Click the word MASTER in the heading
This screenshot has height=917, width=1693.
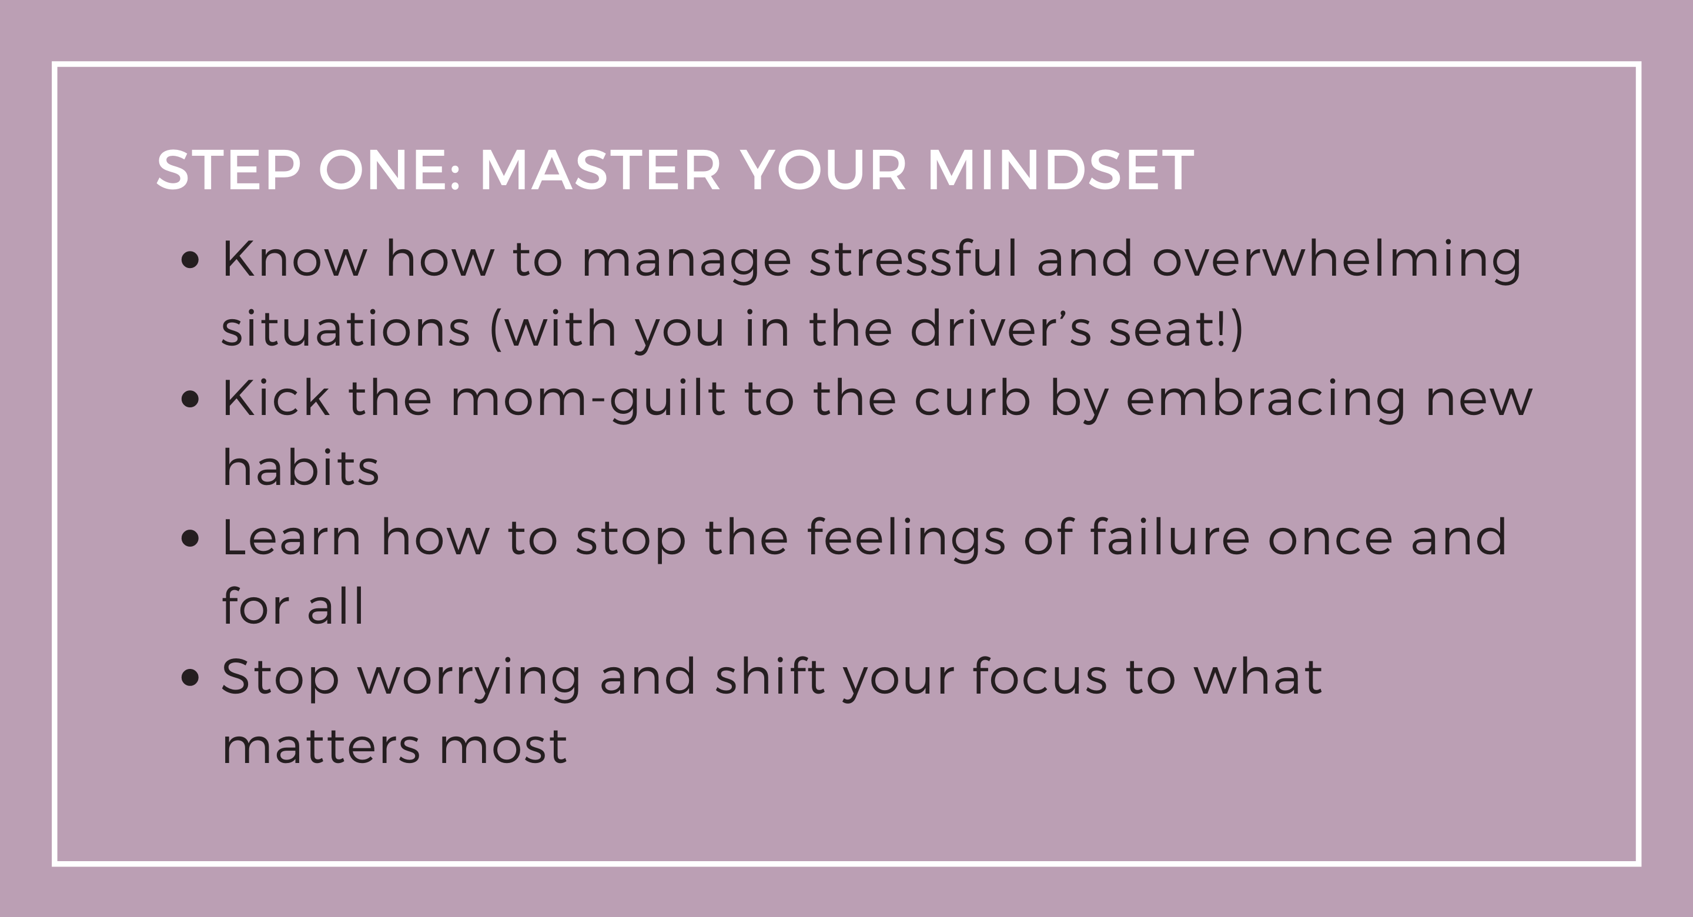pos(600,170)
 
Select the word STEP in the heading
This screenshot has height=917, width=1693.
pos(228,170)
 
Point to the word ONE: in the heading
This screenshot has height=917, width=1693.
pos(389,170)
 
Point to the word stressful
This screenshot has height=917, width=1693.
pos(914,257)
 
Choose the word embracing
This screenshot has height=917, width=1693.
pos(1265,400)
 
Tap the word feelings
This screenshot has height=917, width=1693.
pos(906,540)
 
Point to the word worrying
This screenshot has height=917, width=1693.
pos(469,680)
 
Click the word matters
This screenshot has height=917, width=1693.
pos(322,747)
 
